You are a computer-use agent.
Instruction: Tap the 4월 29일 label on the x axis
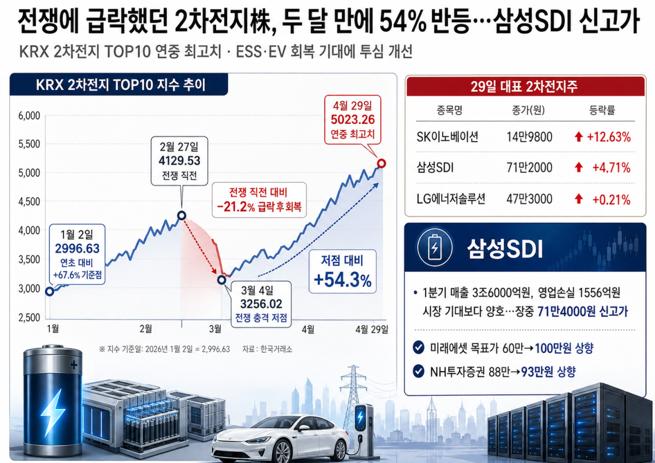[372, 329]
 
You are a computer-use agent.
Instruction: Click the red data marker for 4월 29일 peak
[382, 163]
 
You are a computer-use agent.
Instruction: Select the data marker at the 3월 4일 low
[222, 280]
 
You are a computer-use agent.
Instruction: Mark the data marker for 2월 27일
[182, 215]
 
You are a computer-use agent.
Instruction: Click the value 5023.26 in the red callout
[352, 119]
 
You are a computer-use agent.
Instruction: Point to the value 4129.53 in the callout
[179, 161]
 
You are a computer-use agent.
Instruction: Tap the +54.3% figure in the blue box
[343, 280]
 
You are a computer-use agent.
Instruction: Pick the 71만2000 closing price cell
[529, 168]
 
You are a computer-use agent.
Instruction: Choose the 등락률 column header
[602, 110]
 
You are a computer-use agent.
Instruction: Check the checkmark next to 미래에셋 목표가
[419, 347]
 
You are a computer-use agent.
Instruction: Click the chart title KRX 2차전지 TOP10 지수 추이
[121, 85]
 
